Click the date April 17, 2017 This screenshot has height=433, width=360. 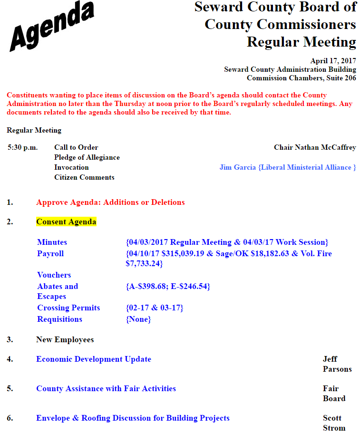click(x=333, y=61)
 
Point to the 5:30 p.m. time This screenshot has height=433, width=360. click(x=22, y=147)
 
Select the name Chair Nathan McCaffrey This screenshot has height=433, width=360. click(x=315, y=147)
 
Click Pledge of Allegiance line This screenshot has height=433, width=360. click(x=87, y=157)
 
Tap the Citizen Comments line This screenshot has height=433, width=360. click(x=84, y=177)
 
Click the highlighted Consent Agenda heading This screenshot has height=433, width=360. click(x=66, y=222)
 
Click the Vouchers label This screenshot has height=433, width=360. click(x=54, y=275)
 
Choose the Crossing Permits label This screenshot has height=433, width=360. click(x=68, y=308)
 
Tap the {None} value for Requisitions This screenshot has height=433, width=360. click(x=138, y=319)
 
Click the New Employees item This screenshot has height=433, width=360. click(x=65, y=340)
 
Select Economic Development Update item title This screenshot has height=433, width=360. click(x=94, y=359)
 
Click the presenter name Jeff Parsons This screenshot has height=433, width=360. click(x=337, y=364)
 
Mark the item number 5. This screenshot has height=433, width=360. click(x=10, y=389)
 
